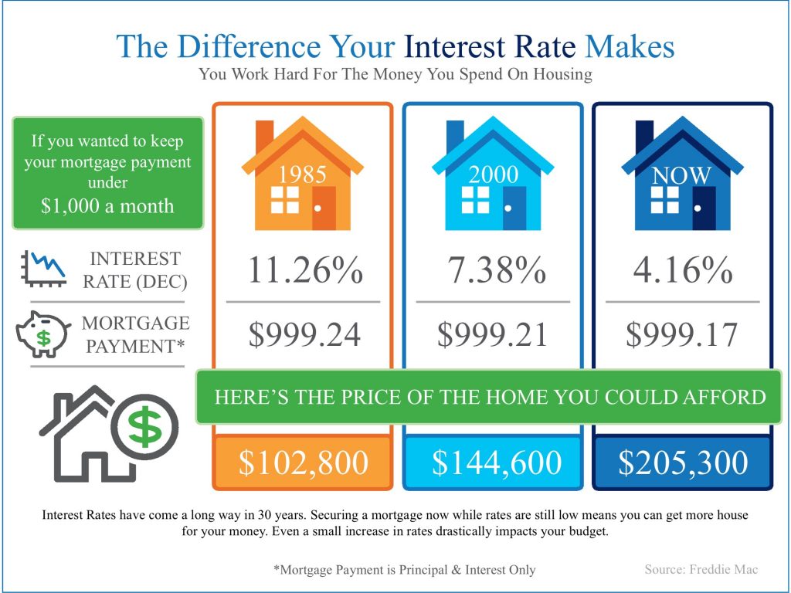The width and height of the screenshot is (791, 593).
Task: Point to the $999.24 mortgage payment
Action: pyautogui.click(x=304, y=334)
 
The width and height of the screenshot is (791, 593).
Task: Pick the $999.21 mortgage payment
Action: pyautogui.click(x=492, y=334)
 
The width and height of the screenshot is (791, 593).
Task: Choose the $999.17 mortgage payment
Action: pyautogui.click(x=682, y=334)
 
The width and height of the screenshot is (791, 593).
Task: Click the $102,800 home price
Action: pyautogui.click(x=303, y=463)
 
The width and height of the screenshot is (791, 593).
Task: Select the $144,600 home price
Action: pyautogui.click(x=497, y=463)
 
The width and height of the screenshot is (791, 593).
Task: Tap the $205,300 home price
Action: pyautogui.click(x=683, y=463)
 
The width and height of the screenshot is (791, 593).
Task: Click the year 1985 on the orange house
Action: pyautogui.click(x=303, y=175)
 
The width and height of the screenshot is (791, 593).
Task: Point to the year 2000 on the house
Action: pyautogui.click(x=494, y=175)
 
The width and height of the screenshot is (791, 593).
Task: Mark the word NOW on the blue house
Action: pyautogui.click(x=681, y=175)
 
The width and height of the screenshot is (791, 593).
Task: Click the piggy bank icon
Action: pyautogui.click(x=43, y=334)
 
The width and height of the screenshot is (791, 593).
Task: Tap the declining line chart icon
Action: pyautogui.click(x=44, y=269)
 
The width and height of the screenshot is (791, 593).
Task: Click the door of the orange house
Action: pyautogui.click(x=324, y=208)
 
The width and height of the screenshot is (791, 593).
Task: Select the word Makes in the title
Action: pyautogui.click(x=630, y=46)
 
